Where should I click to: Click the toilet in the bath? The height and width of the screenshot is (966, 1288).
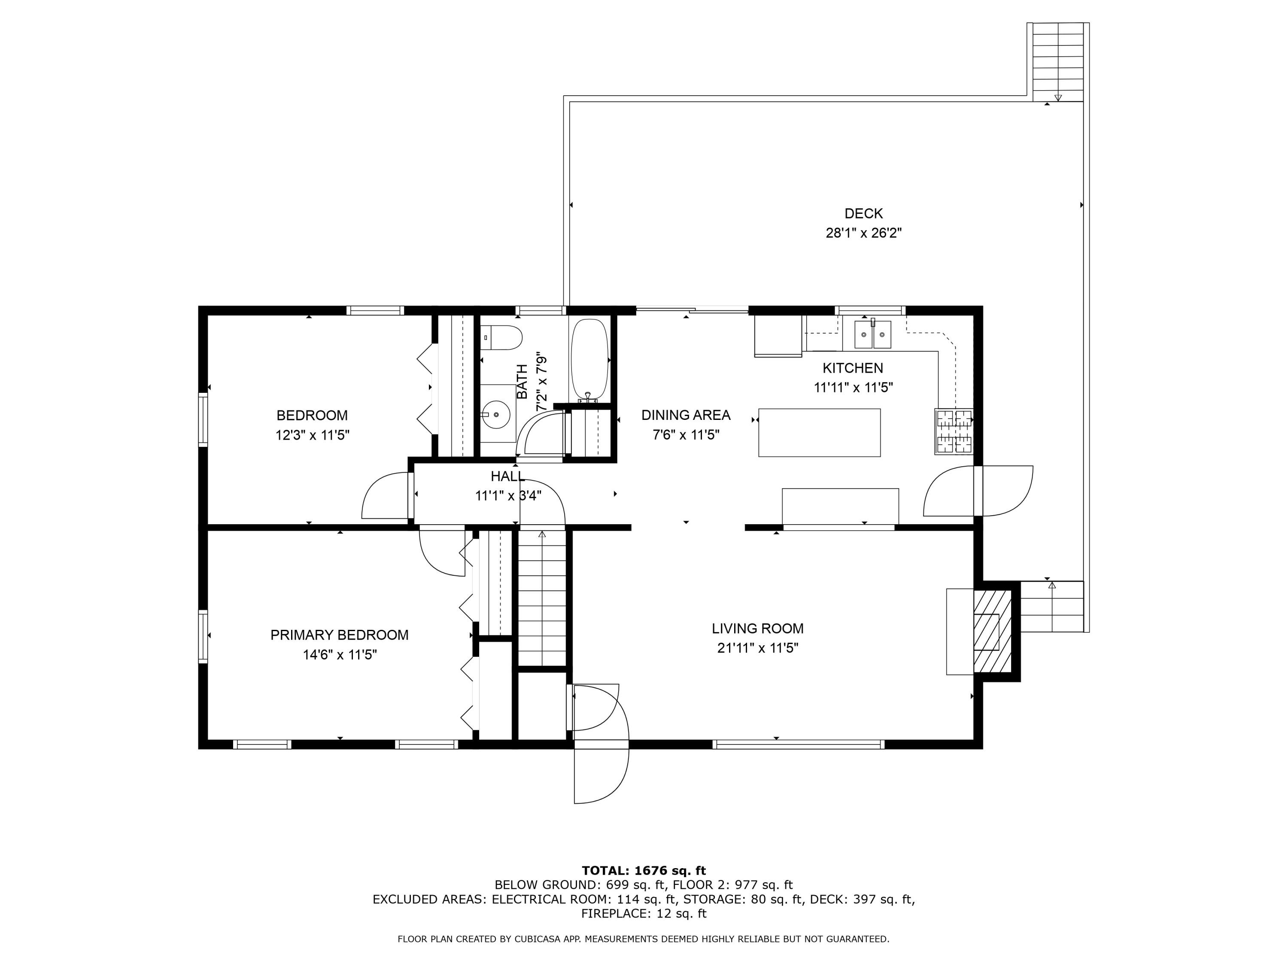[502, 338]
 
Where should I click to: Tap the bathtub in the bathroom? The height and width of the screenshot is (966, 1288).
[589, 359]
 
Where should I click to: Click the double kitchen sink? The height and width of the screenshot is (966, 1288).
[872, 335]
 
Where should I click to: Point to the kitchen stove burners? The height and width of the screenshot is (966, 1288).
[953, 431]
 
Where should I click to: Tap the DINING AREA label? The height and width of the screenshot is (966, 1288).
[685, 415]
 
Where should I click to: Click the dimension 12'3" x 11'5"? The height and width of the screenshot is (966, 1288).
[312, 435]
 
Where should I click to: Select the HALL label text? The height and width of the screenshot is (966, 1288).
[507, 476]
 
